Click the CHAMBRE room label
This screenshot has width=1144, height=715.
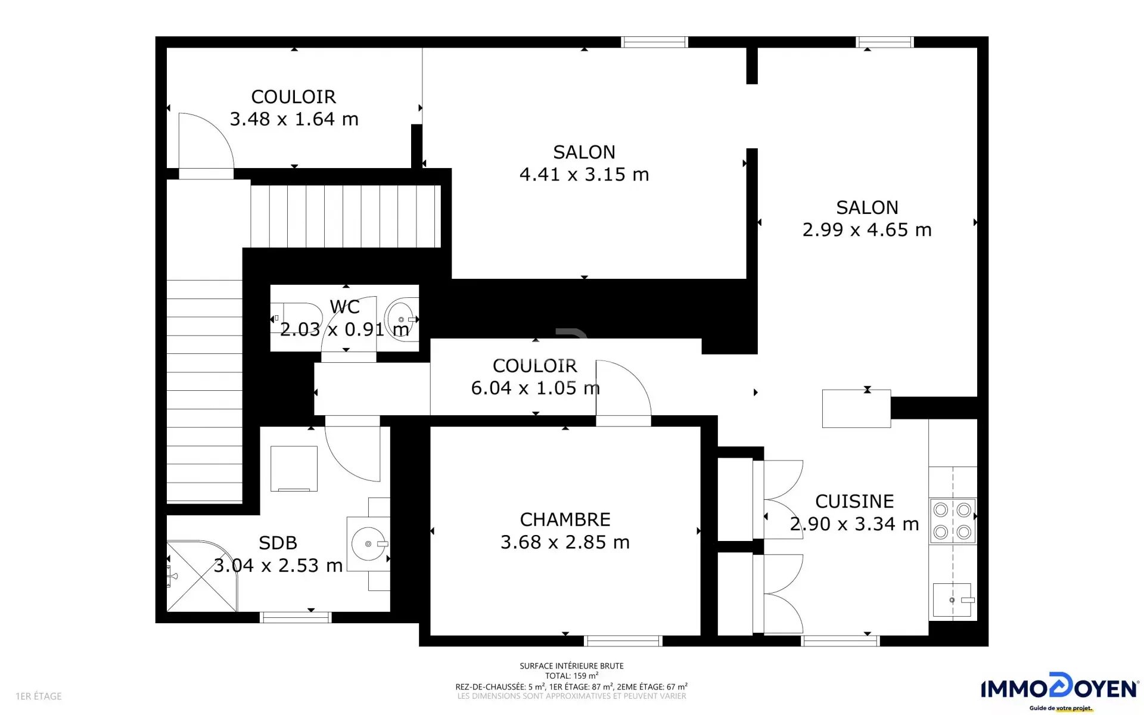pyautogui.click(x=565, y=520)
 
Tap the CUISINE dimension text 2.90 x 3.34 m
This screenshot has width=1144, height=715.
pyautogui.click(x=854, y=524)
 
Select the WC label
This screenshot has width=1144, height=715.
pyautogui.click(x=344, y=307)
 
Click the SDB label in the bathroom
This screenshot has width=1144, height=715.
pyautogui.click(x=278, y=543)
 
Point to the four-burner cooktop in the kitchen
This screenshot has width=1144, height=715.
pyautogui.click(x=952, y=521)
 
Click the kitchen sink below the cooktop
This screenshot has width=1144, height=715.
pyautogui.click(x=952, y=600)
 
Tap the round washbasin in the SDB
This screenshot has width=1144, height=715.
pyautogui.click(x=369, y=543)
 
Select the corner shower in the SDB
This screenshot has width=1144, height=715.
pyautogui.click(x=201, y=576)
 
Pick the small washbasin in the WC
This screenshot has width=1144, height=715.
pyautogui.click(x=402, y=319)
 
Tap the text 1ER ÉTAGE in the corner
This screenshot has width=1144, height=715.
pyautogui.click(x=39, y=696)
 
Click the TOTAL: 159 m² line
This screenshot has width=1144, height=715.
pyautogui.click(x=571, y=676)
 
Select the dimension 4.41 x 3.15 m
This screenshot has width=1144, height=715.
pyautogui.click(x=584, y=175)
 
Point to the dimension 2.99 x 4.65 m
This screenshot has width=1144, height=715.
pyautogui.click(x=867, y=230)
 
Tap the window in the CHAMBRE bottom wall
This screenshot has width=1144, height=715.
pyautogui.click(x=623, y=641)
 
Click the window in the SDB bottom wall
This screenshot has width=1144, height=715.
pyautogui.click(x=296, y=618)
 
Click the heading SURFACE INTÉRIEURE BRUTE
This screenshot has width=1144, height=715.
pyautogui.click(x=571, y=666)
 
